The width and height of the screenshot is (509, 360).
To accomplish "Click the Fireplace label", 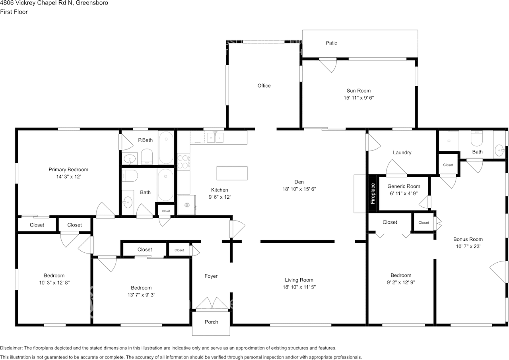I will click(x=373, y=194).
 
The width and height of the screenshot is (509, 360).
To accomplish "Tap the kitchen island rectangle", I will click(x=232, y=173).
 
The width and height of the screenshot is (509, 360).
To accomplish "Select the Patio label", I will click(x=331, y=43).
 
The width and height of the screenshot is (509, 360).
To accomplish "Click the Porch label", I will click(x=211, y=322).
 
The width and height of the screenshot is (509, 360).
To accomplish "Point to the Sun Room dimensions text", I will click(x=358, y=97).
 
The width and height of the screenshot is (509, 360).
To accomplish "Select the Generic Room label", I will click(x=404, y=186).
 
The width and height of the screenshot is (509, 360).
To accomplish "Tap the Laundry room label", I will click(x=402, y=153).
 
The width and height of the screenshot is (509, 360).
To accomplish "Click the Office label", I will click(x=264, y=86).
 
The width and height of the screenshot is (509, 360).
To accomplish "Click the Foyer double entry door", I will click(x=211, y=304).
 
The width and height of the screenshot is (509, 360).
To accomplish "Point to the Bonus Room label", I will click(x=468, y=239).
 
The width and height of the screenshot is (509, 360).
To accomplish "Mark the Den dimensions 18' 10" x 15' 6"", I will click(x=299, y=189).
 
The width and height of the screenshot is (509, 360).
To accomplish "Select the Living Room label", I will click(x=299, y=280).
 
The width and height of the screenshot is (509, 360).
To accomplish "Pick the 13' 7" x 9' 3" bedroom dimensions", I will click(x=141, y=295).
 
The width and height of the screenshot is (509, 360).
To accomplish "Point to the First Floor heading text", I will click(x=14, y=12).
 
